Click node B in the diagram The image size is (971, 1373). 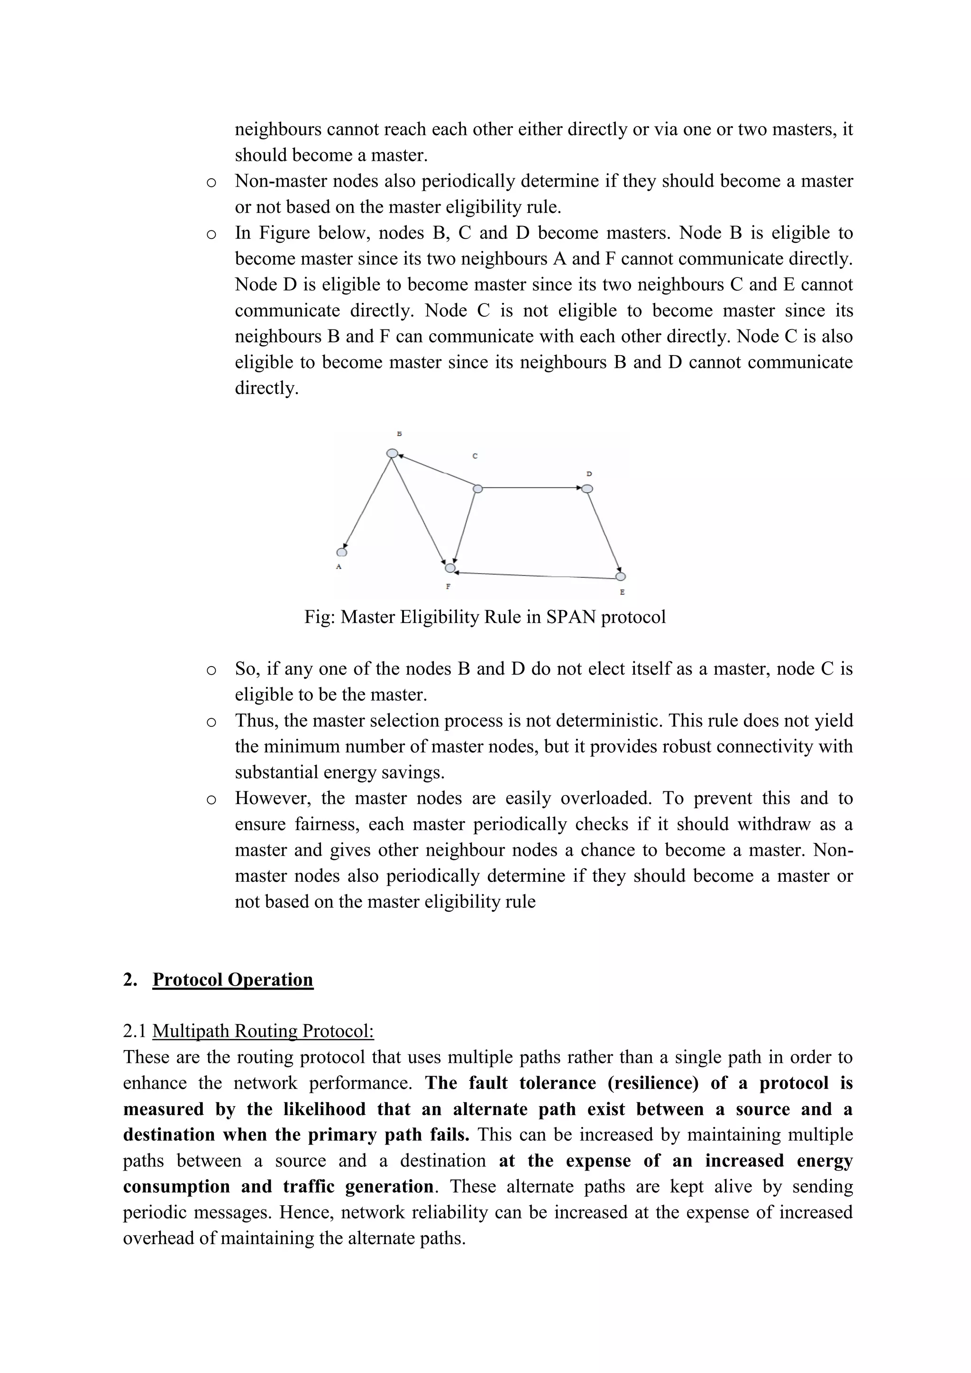pyautogui.click(x=392, y=453)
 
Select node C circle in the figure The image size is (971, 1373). pyautogui.click(x=477, y=489)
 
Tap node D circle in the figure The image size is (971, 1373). pyautogui.click(x=587, y=489)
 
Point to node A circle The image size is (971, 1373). pyautogui.click(x=342, y=552)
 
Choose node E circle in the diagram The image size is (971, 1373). pyautogui.click(x=621, y=577)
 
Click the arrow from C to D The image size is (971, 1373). pyautogui.click(x=532, y=488)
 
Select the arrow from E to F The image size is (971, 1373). pyautogui.click(x=535, y=575)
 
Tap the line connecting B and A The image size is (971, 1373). pyautogui.click(x=367, y=503)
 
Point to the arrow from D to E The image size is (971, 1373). pyautogui.click(x=604, y=532)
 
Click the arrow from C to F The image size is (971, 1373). pyautogui.click(x=465, y=526)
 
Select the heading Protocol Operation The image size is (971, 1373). pyautogui.click(x=233, y=979)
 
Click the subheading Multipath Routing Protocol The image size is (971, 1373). pyautogui.click(x=263, y=1031)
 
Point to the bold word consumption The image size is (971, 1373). pyautogui.click(x=176, y=1186)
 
